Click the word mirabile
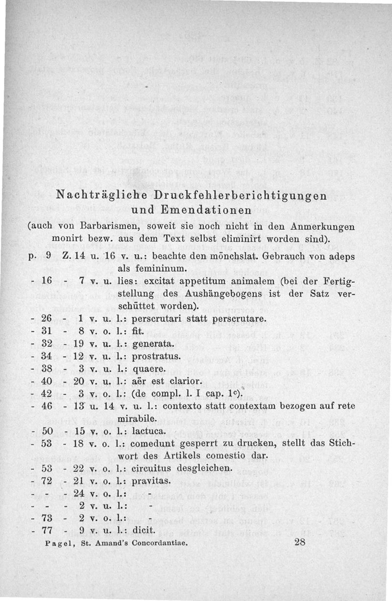point(139,419)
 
